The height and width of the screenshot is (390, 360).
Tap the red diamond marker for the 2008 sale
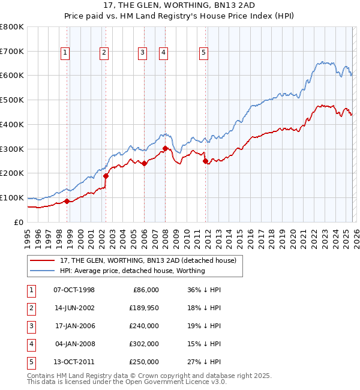pos(165,148)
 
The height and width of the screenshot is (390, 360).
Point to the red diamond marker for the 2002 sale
pos(106,176)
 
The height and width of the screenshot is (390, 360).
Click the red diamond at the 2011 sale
pos(205,161)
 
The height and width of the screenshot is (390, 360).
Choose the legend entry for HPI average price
pos(132,271)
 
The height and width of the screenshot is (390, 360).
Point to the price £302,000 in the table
pos(144,344)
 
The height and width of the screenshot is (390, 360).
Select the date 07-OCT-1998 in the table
pos(74,290)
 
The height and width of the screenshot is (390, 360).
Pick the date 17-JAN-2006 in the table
pos(74,326)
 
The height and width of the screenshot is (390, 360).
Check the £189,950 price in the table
pos(144,308)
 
